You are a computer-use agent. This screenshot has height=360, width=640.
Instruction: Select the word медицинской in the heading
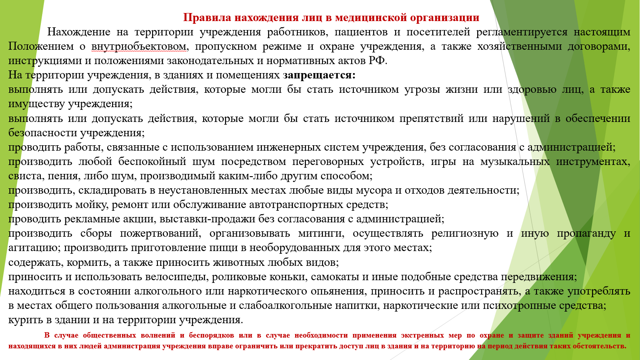371,17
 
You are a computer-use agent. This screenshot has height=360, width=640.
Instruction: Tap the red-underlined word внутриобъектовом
139,46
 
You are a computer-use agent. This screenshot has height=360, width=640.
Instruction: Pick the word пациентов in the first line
361,32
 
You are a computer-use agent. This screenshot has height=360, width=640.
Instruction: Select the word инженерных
288,147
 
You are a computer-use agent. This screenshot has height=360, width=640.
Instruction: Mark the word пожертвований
161,234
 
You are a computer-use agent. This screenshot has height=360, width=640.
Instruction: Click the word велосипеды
177,277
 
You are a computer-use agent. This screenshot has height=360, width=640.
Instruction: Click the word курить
25,320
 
